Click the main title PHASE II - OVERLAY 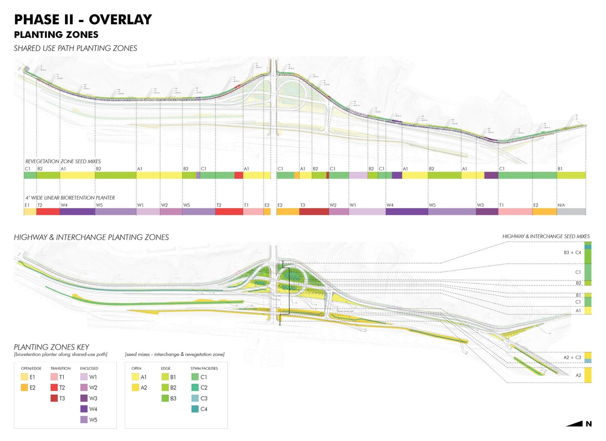coord(83,19)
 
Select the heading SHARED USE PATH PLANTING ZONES coord(75,48)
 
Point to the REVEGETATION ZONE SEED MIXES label coord(63,161)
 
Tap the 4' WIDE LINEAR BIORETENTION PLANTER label coord(70,198)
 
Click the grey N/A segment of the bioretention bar coord(571,212)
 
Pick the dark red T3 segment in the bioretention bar coord(314,212)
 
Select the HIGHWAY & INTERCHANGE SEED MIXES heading coord(546,236)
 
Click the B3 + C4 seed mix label coord(572,253)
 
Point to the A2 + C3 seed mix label coord(572,358)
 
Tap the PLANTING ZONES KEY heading coord(52,347)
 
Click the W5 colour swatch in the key coord(84,420)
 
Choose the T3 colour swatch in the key coord(54,398)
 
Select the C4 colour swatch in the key coord(195,409)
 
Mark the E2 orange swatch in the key coord(25,388)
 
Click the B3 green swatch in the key coord(165,398)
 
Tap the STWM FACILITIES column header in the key coord(204,368)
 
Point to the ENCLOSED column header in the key coord(89,368)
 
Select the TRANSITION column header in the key coord(61,368)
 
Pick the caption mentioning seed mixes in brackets coord(175,354)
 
